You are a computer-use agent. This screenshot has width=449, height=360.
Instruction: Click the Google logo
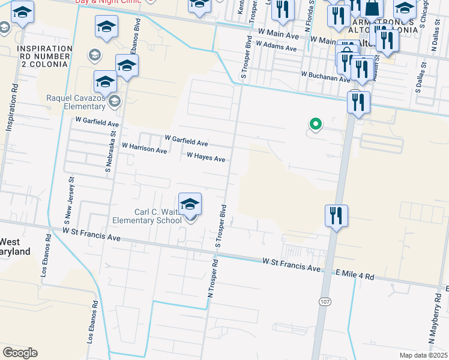pyautogui.click(x=20, y=353)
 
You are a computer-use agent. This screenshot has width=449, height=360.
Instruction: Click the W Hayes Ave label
pyautogui.click(x=206, y=157)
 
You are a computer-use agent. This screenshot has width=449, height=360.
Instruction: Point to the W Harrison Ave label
pyautogui.click(x=144, y=148)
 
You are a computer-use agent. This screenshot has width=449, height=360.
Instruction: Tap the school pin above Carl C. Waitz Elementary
pyautogui.click(x=190, y=205)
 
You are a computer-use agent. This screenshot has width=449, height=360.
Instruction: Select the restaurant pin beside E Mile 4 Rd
pyautogui.click(x=336, y=216)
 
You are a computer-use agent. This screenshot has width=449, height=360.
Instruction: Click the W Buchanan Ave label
pyautogui.click(x=325, y=76)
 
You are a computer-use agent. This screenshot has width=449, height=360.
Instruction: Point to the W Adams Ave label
pyautogui.click(x=276, y=44)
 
